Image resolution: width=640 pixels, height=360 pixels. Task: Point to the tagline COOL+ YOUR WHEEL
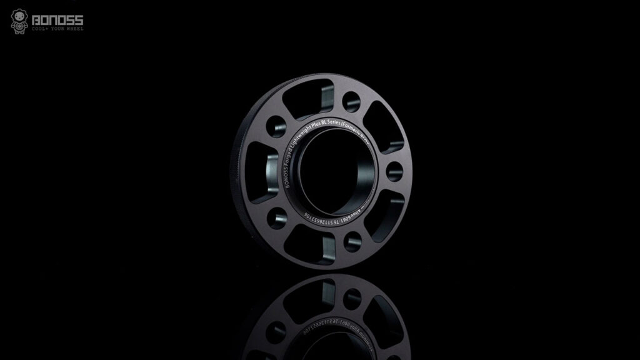coord(58,29)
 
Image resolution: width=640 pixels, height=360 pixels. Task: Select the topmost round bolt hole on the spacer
coord(352,101)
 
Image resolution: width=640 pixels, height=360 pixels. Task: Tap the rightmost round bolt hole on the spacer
coord(394,170)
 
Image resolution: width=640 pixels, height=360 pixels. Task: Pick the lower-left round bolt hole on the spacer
coord(274,217)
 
